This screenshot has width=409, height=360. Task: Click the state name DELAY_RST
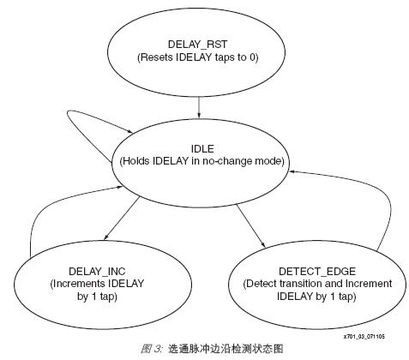(x=197, y=45)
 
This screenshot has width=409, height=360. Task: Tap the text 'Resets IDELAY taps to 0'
(x=198, y=57)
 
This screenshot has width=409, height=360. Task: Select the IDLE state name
(x=202, y=148)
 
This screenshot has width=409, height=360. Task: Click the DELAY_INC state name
(x=97, y=271)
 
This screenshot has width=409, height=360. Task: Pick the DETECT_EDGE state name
(x=317, y=271)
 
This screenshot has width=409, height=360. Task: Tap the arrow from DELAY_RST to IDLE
(x=199, y=107)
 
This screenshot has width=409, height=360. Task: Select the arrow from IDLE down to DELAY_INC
(x=122, y=218)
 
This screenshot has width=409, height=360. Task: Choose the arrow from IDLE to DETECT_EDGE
(x=250, y=225)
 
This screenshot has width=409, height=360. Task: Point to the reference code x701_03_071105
(x=364, y=337)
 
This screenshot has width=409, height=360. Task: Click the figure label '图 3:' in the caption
(x=152, y=349)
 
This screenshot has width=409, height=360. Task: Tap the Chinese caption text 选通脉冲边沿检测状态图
(x=226, y=349)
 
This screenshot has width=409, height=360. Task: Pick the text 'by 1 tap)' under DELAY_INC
(x=97, y=297)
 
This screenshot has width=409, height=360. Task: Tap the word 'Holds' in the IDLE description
(x=136, y=161)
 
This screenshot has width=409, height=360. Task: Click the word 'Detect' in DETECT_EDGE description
(x=261, y=284)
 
